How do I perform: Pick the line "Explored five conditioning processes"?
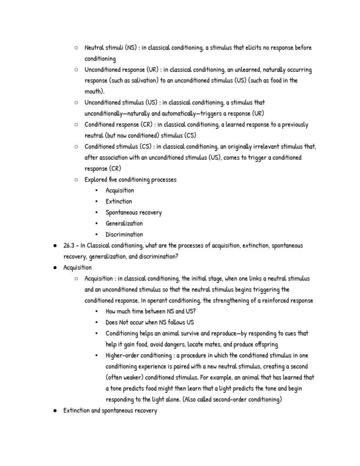[x=130, y=180]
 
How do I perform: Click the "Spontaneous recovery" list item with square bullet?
[x=133, y=213]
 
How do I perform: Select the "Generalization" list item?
[x=124, y=224]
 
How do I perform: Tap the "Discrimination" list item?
[x=124, y=235]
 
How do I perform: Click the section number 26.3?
[x=69, y=245]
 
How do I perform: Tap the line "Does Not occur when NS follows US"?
[x=150, y=322]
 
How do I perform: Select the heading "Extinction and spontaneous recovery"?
[x=110, y=410]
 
